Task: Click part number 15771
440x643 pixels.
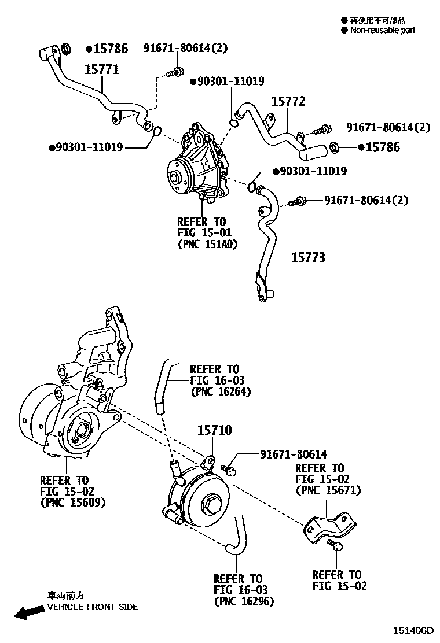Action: tap(102, 69)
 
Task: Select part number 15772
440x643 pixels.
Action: tap(288, 102)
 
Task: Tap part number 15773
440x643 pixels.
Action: tap(307, 257)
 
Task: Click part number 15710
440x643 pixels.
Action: tap(214, 430)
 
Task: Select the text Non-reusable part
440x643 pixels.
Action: tap(382, 30)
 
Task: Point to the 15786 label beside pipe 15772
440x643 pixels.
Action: tap(383, 147)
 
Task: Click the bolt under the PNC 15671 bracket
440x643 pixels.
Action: tap(335, 545)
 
